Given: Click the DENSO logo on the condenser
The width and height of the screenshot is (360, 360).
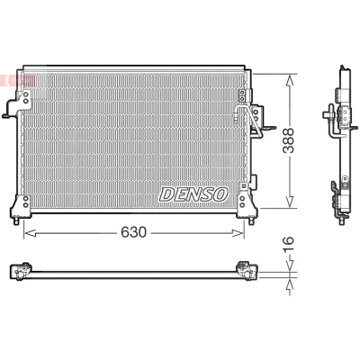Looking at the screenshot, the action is (193, 194).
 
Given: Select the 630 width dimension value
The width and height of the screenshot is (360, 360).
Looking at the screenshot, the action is (133, 232).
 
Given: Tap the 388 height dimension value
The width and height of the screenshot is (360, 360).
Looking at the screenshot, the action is (289, 140).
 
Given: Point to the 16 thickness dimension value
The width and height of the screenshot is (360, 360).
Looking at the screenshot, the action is (289, 245).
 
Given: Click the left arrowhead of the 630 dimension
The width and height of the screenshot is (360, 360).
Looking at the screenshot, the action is (30, 233).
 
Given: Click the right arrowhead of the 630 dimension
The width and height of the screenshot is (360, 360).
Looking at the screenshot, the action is (238, 233).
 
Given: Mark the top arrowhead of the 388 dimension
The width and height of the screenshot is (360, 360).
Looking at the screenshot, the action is (290, 81).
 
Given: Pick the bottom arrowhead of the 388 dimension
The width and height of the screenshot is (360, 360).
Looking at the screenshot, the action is (290, 202).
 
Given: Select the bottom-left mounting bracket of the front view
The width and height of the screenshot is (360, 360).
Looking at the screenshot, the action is (21, 206).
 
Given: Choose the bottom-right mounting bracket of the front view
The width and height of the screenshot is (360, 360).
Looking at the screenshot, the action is (247, 206).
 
